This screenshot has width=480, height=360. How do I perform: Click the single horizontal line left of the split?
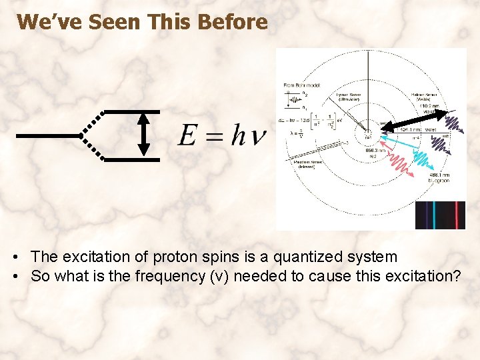pos(47,136)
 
